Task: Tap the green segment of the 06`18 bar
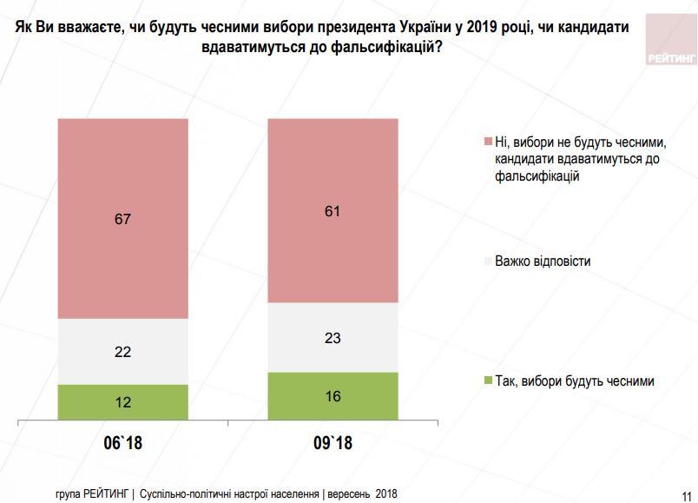click(x=122, y=401)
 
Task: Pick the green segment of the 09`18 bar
click(x=333, y=396)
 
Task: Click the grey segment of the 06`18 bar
click(x=122, y=351)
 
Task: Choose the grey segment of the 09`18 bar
click(x=333, y=337)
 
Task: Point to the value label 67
click(x=122, y=219)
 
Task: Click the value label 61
click(x=333, y=210)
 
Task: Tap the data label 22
click(x=122, y=352)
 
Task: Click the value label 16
click(x=333, y=397)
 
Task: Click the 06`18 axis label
click(x=122, y=444)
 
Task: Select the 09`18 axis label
click(x=333, y=444)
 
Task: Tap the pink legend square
click(x=487, y=142)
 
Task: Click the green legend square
click(x=487, y=381)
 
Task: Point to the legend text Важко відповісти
click(x=543, y=261)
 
